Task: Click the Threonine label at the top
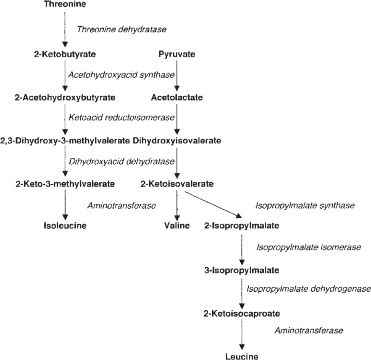[x=64, y=5]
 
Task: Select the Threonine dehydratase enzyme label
[x=122, y=30]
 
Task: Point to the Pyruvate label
[x=177, y=54]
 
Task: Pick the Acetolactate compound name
[x=177, y=98]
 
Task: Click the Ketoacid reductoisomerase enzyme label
[x=122, y=118]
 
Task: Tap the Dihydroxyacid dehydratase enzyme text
[x=122, y=161]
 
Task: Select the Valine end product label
[x=177, y=225]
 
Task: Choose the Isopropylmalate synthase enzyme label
[x=305, y=205]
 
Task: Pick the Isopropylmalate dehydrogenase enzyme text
[x=308, y=289]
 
